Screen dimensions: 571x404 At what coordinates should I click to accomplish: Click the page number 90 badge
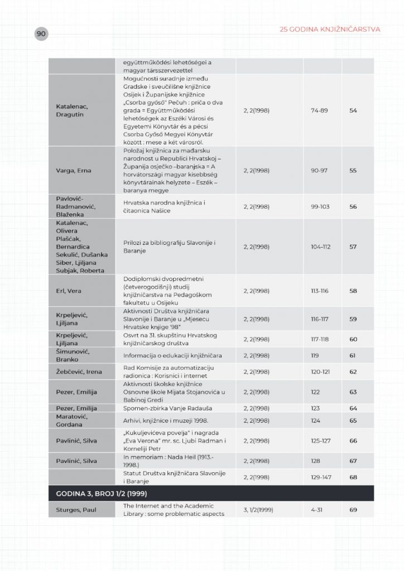click(41, 34)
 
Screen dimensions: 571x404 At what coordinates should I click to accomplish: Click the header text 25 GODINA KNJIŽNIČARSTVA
click(330, 29)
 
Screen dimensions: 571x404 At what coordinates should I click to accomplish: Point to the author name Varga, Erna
click(73, 171)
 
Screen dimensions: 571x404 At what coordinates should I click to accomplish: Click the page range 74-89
click(320, 110)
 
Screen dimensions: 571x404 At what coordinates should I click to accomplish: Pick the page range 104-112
click(321, 246)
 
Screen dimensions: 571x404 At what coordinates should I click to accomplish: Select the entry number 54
click(353, 110)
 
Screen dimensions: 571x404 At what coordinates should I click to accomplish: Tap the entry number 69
click(353, 510)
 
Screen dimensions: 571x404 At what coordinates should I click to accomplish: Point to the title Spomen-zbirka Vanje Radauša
click(166, 409)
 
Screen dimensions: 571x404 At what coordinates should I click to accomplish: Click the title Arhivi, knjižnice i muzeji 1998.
click(161, 420)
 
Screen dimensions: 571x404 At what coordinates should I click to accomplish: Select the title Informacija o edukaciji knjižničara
click(173, 355)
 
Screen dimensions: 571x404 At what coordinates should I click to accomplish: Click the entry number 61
click(353, 355)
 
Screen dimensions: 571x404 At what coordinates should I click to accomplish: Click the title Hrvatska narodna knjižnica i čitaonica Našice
click(165, 206)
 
